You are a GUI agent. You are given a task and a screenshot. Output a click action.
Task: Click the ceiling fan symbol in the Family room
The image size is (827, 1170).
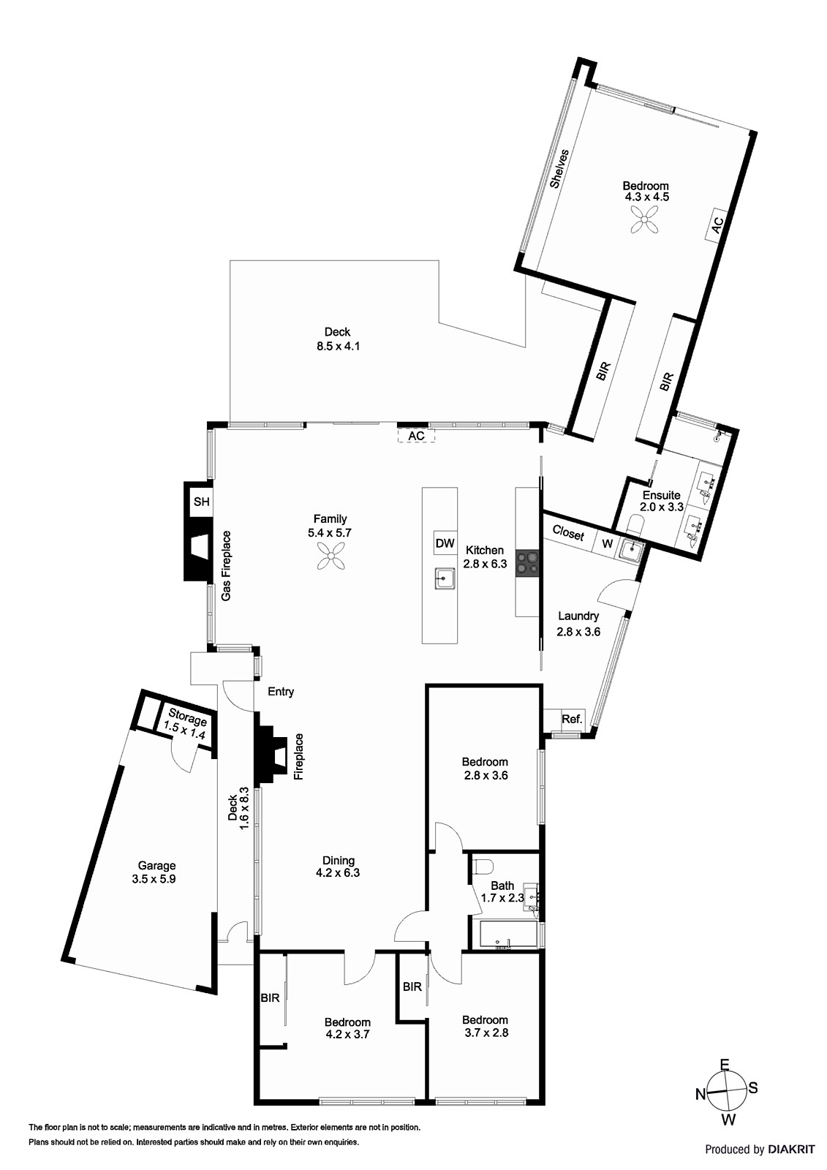click(x=331, y=559)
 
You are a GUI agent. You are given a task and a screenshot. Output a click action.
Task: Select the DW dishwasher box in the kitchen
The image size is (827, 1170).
click(x=445, y=543)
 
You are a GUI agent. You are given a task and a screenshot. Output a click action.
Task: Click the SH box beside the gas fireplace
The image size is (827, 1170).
click(x=201, y=502)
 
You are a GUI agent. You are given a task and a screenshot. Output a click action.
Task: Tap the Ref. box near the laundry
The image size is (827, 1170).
click(x=571, y=719)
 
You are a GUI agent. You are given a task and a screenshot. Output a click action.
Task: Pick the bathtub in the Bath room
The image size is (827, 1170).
click(x=505, y=935)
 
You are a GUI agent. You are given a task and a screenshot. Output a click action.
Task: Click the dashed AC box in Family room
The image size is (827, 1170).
click(x=416, y=436)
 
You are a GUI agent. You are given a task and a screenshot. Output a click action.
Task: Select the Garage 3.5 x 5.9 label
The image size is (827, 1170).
click(x=154, y=872)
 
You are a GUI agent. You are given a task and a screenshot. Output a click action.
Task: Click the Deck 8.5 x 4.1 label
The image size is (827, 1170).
click(x=337, y=339)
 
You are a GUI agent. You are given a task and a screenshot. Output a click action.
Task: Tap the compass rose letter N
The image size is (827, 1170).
click(x=700, y=1094)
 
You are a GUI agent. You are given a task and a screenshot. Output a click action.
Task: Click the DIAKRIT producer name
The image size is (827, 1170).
click(x=791, y=1150)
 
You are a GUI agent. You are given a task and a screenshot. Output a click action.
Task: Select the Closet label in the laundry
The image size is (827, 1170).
click(x=568, y=533)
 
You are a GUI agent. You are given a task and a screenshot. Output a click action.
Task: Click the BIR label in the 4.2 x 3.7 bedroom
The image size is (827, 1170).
click(x=270, y=997)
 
